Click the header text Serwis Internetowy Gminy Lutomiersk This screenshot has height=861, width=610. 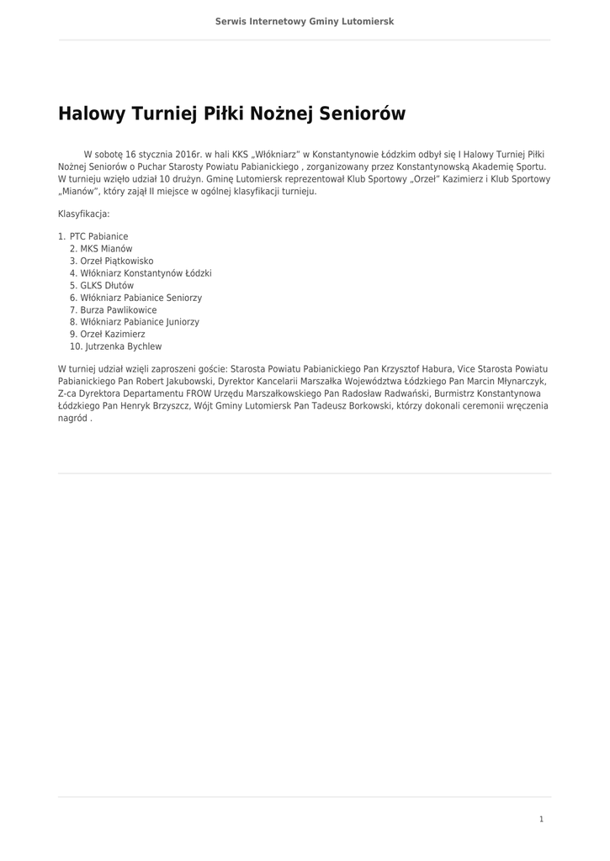click(305, 21)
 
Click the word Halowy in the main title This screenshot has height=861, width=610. click(90, 114)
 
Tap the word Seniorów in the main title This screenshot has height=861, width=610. click(359, 114)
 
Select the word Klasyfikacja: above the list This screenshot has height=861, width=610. click(83, 214)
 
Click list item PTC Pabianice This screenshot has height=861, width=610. click(98, 237)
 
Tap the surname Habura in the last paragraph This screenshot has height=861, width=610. click(436, 369)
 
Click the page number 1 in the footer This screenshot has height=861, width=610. click(541, 819)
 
